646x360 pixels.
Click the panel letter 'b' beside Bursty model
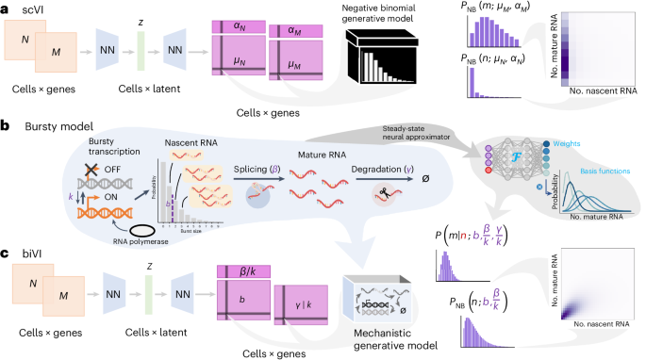[x=6, y=123]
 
